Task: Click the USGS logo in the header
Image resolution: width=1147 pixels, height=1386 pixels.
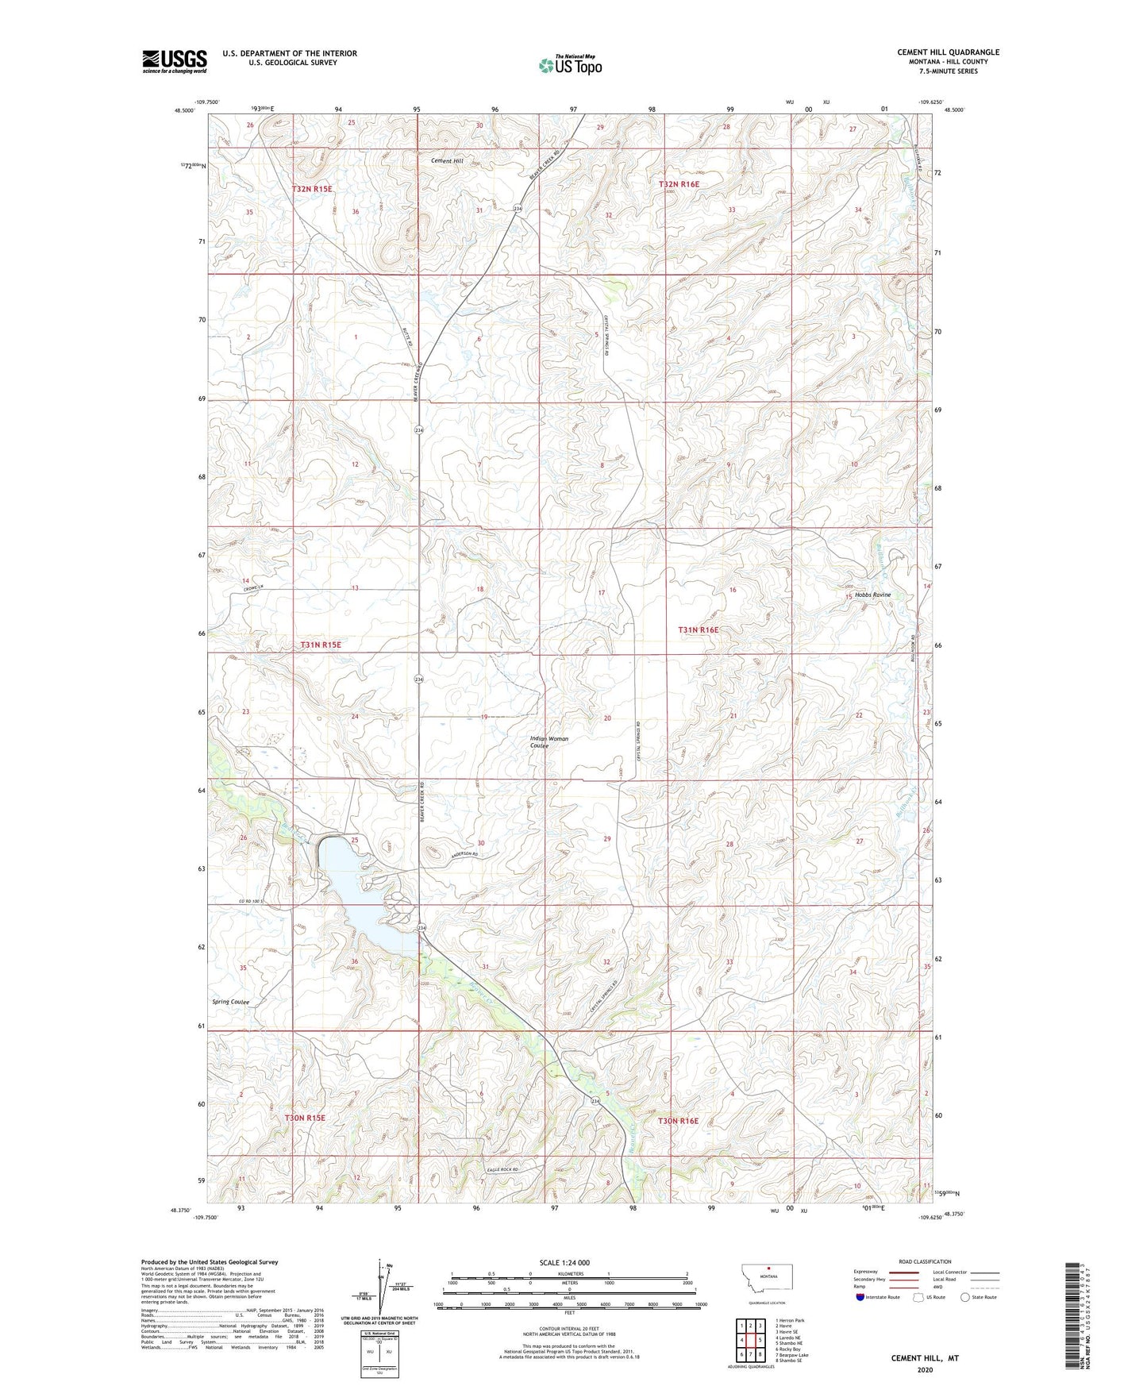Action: (175, 60)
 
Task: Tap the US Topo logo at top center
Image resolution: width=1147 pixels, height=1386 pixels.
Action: (570, 64)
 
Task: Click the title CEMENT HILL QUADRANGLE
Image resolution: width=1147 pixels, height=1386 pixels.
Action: (948, 52)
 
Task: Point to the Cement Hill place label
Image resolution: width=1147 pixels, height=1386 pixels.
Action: (447, 161)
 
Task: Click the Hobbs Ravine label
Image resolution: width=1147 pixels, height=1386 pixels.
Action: (872, 595)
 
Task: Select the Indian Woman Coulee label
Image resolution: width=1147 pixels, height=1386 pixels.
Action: (549, 742)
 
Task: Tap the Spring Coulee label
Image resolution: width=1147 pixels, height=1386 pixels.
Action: (231, 1002)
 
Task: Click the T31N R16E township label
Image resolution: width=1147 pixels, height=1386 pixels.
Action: (698, 629)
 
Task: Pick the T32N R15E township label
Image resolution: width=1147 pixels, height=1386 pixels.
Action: (312, 189)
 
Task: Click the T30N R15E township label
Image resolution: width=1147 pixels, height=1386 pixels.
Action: (305, 1118)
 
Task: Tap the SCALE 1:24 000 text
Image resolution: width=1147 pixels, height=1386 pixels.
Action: (564, 1262)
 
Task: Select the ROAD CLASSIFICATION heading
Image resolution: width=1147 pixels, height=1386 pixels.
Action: (925, 1261)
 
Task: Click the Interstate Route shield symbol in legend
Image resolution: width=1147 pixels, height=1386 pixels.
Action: (860, 1297)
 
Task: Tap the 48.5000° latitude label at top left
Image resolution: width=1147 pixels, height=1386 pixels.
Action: (183, 110)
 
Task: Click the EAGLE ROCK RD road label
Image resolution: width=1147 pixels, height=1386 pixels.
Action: (502, 1171)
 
